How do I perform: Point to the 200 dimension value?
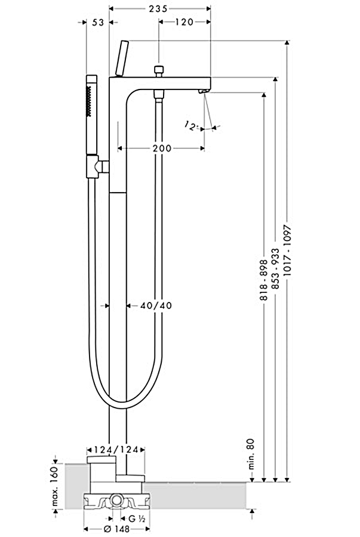161,148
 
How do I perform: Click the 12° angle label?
191,126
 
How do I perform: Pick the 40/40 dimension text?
156,305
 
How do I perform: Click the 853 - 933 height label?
275,269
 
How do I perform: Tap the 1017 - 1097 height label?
288,254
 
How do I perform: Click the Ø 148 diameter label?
116,529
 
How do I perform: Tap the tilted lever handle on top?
122,58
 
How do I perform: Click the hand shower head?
91,101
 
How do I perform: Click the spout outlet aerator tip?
201,91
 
